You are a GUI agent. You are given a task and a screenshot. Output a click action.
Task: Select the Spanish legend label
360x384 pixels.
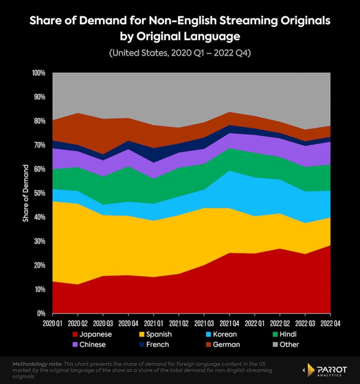[x=159, y=334]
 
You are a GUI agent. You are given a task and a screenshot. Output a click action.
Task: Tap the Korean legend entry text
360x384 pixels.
[x=224, y=334]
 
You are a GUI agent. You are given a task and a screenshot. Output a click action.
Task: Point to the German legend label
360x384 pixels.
[x=226, y=344]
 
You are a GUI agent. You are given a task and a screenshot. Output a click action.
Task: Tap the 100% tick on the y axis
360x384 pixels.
[x=39, y=73]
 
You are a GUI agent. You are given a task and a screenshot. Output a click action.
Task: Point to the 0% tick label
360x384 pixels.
[x=41, y=313]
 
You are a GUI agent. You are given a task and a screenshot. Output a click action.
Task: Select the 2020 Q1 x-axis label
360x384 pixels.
[x=53, y=323]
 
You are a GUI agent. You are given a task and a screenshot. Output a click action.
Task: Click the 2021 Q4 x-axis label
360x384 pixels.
[x=229, y=323]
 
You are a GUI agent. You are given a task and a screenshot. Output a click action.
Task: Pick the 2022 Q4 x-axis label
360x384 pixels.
[x=330, y=323]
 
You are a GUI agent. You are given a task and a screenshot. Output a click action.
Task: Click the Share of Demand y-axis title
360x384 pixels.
[x=26, y=193]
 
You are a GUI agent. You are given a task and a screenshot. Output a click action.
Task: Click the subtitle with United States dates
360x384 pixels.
[x=180, y=53]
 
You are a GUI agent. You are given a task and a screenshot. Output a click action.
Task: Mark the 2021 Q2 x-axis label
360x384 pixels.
[x=179, y=323]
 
